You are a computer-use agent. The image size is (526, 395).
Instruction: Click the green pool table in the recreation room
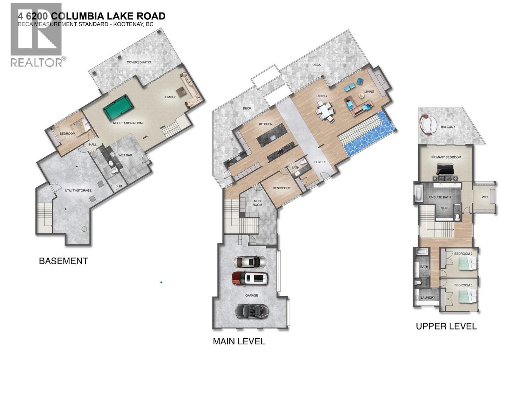(116, 108)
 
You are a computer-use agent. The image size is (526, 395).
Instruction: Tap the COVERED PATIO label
(139, 62)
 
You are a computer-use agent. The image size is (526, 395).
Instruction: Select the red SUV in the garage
(250, 278)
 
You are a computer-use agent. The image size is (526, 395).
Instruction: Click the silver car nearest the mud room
(250, 262)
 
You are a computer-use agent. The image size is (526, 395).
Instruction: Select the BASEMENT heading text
(63, 261)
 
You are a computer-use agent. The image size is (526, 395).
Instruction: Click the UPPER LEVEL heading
(446, 326)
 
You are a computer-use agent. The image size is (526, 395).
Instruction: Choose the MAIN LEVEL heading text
(239, 341)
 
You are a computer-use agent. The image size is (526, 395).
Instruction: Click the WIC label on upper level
(485, 197)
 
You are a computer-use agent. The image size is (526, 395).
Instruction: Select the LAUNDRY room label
(428, 298)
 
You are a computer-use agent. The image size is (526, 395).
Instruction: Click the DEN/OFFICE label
(282, 188)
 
